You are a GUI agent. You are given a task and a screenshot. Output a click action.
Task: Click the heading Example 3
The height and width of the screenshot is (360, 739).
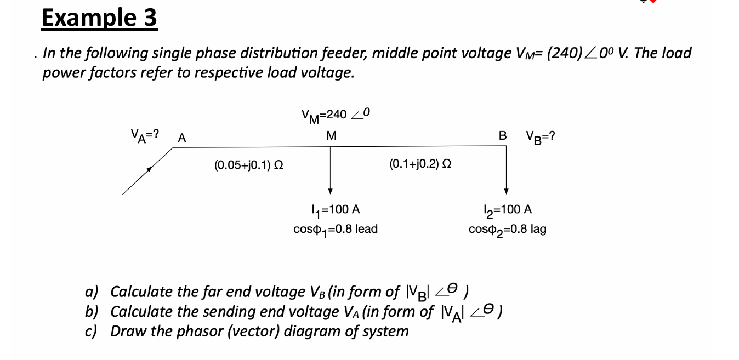click(99, 18)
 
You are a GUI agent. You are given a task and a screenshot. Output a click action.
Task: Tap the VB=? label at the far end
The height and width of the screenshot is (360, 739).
click(540, 135)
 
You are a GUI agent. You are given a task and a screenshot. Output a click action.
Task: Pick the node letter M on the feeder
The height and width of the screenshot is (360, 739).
click(331, 135)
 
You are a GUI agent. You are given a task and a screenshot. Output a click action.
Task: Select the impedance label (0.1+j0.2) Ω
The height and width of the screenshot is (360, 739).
click(420, 163)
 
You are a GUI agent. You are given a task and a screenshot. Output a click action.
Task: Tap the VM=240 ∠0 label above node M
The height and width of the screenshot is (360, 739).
click(336, 114)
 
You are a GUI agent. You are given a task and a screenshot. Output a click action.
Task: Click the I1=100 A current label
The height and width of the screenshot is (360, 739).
click(335, 209)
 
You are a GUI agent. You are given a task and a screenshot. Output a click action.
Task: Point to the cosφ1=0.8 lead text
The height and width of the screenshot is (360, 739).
click(336, 229)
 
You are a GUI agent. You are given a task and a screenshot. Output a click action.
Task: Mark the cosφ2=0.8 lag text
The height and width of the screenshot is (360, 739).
click(507, 229)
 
